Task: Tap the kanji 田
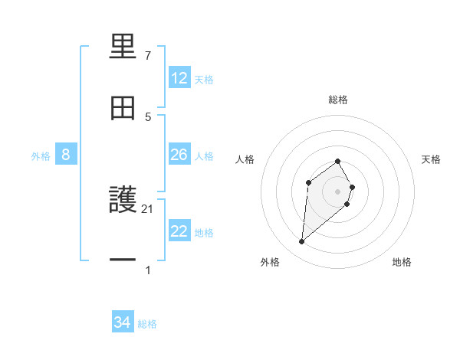click(123, 108)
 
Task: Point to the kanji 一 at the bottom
click(123, 260)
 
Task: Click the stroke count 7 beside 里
click(148, 56)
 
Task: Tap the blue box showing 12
click(179, 78)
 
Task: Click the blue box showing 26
click(179, 155)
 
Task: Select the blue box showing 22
click(179, 231)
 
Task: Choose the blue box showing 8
click(66, 155)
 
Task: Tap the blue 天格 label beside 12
click(204, 80)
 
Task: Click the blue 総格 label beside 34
click(147, 324)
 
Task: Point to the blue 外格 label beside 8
click(41, 156)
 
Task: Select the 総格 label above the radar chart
click(338, 100)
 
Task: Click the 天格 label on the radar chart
click(431, 159)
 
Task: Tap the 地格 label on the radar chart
click(402, 262)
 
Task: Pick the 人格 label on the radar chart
click(245, 159)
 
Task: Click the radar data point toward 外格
click(302, 242)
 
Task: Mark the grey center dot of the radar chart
click(337, 191)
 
